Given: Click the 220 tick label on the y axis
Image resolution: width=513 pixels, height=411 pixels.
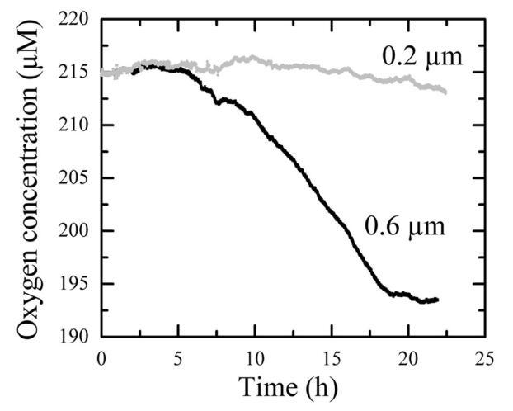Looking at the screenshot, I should (77, 19).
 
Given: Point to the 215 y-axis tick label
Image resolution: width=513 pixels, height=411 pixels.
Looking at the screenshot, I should (77, 72).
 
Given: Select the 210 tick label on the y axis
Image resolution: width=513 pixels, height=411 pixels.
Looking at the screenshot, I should (77, 125).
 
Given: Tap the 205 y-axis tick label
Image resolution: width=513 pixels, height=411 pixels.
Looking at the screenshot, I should (77, 177).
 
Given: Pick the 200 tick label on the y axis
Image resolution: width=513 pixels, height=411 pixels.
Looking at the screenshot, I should (77, 230).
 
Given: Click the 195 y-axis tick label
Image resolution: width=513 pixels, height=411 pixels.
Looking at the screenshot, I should (77, 283).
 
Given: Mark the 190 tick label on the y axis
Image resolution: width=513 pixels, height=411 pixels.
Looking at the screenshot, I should (77, 336).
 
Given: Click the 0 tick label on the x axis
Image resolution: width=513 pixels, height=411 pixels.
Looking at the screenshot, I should (101, 357).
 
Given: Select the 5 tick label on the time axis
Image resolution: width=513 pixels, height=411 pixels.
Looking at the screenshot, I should (176, 357).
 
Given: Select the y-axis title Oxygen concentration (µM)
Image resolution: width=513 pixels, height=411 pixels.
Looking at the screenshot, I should (31, 177).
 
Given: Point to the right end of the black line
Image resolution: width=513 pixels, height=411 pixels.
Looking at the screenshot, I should (437, 300).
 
